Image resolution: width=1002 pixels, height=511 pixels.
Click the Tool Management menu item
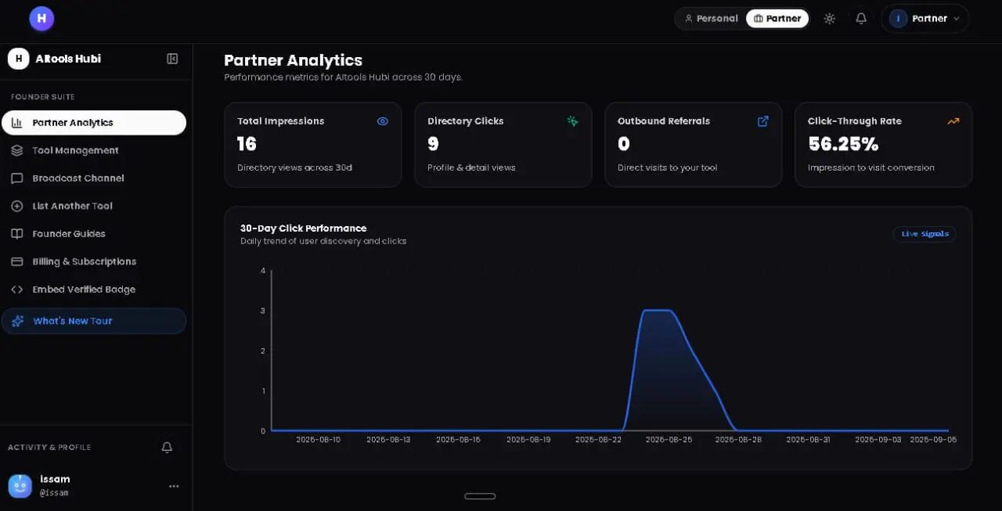click(x=75, y=150)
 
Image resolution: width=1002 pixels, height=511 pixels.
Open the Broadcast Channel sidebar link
click(x=77, y=178)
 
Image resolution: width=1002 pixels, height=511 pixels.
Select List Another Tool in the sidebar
click(x=72, y=206)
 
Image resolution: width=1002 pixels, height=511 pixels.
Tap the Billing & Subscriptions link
click(x=84, y=261)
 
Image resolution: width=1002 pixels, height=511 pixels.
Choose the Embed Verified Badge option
click(x=84, y=290)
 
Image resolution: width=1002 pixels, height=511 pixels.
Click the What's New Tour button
click(x=94, y=321)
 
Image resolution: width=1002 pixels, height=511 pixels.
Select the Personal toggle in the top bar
click(x=711, y=18)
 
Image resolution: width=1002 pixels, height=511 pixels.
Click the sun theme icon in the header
click(x=829, y=18)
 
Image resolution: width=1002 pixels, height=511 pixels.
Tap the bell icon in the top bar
click(x=861, y=18)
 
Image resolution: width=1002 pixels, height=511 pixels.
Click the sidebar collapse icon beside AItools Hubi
click(x=172, y=59)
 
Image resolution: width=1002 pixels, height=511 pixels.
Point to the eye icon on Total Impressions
click(x=383, y=121)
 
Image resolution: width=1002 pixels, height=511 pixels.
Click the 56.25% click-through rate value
click(x=843, y=144)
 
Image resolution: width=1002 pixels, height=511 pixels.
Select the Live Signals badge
click(x=925, y=234)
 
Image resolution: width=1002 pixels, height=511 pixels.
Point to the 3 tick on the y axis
click(x=262, y=311)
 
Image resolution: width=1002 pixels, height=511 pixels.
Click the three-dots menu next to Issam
click(x=174, y=486)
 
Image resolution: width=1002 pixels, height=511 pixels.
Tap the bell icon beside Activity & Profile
click(x=167, y=447)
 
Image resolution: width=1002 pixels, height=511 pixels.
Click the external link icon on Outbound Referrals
click(x=763, y=121)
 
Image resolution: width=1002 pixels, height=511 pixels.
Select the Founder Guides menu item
click(x=68, y=234)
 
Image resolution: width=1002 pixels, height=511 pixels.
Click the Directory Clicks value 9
click(x=433, y=144)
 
